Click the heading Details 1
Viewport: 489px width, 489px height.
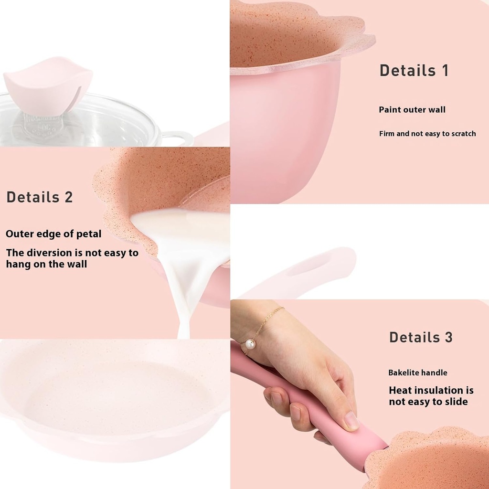coord(414,71)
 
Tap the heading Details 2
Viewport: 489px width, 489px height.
coord(40,197)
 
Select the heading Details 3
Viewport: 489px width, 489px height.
coord(421,337)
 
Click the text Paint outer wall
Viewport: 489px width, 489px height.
coord(412,110)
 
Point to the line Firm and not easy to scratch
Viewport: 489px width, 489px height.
coord(427,134)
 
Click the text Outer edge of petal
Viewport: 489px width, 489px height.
coord(53,234)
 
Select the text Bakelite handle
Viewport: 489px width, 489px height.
coord(418,372)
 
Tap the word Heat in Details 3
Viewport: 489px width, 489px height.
coord(401,391)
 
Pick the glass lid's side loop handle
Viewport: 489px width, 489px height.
coord(178,139)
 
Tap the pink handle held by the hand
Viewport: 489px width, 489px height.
coord(306,406)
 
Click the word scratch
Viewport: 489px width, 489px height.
coord(462,134)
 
